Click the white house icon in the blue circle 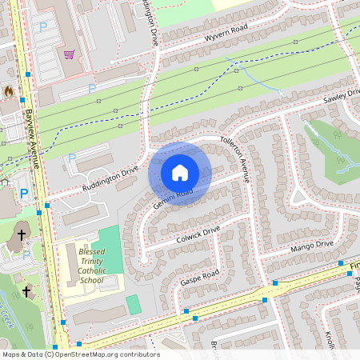click(180, 173)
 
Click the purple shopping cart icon click(69, 54)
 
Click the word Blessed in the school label click(91, 250)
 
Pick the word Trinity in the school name click(91, 260)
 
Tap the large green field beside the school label click(110, 248)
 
